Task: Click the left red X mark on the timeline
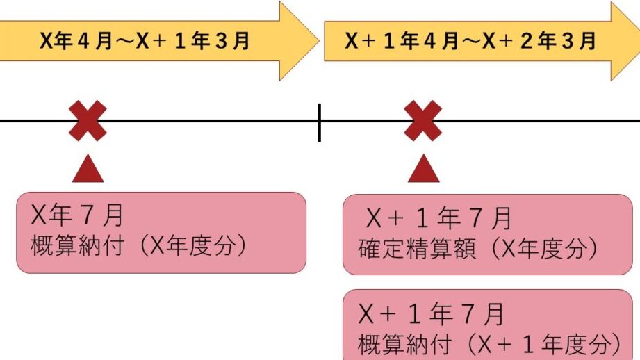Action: click(88, 121)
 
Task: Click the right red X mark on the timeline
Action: click(423, 121)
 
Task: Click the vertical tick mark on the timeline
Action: click(320, 122)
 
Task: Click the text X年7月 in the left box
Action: click(77, 216)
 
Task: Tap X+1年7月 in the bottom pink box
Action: click(432, 315)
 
